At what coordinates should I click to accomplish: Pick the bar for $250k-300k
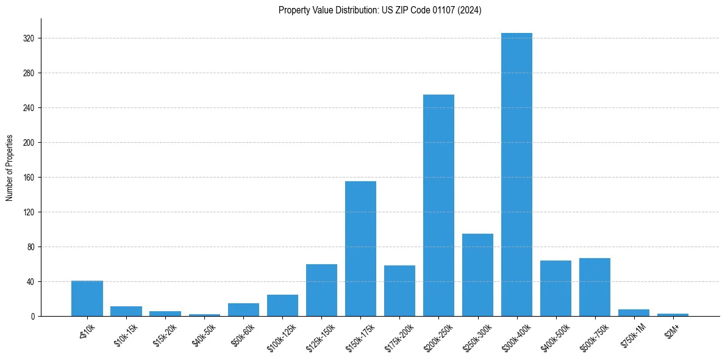coord(477,275)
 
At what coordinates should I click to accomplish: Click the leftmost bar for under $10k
coord(87,298)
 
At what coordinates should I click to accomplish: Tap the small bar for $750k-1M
coord(634,313)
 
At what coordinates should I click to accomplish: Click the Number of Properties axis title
coord(9,168)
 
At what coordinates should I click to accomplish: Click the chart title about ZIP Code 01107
coord(380,10)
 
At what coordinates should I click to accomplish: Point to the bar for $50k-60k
coord(243,310)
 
